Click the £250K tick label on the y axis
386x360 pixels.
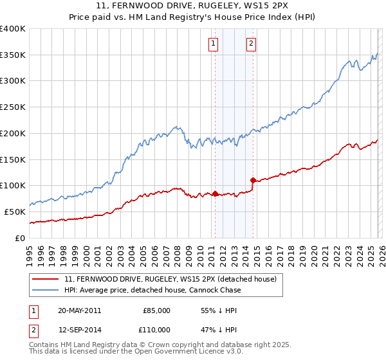click(13, 107)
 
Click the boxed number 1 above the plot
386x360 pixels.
click(213, 44)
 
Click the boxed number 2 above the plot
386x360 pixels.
click(251, 44)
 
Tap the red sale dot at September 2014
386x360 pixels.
click(253, 180)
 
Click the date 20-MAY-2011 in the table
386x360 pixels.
click(80, 310)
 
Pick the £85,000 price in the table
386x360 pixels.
click(156, 310)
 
